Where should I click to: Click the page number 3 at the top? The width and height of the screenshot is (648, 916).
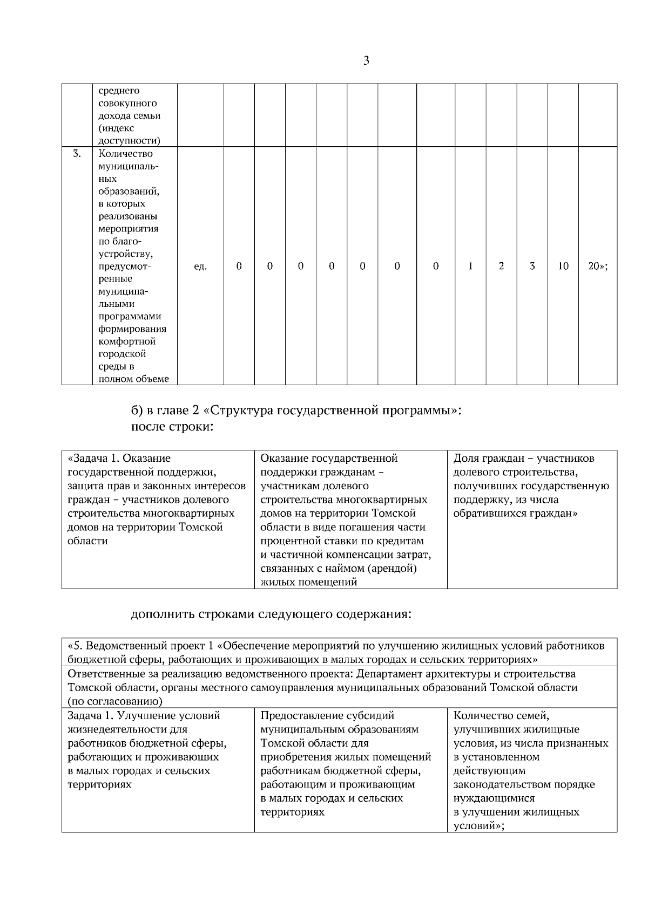click(x=366, y=60)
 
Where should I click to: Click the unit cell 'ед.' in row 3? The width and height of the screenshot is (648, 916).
click(x=200, y=266)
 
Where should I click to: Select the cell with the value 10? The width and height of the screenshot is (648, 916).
click(x=563, y=266)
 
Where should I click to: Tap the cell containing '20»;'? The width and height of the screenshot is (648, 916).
click(x=597, y=266)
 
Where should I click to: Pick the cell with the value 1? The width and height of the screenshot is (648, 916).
click(x=470, y=266)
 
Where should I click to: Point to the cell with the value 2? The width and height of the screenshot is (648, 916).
click(x=501, y=266)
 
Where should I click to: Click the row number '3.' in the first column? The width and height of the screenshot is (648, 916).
click(x=77, y=154)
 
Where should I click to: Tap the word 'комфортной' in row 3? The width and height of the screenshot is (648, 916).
click(x=127, y=341)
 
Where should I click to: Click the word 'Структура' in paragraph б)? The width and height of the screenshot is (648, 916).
click(x=241, y=411)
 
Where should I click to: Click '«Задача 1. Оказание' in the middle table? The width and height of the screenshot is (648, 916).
click(x=119, y=459)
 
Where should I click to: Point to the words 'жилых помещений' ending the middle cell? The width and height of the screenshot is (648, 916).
click(x=309, y=582)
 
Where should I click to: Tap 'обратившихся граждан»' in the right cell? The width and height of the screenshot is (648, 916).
click(x=515, y=514)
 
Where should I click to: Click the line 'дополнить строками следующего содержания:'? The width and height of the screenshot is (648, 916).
click(x=272, y=614)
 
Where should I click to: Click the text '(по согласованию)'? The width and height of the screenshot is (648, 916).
click(x=115, y=701)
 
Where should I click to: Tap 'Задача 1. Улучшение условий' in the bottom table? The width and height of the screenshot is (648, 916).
click(x=144, y=716)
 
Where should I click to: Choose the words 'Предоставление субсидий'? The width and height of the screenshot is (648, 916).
click(x=327, y=716)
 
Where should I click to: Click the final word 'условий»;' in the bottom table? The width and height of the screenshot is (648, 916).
click(x=479, y=826)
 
